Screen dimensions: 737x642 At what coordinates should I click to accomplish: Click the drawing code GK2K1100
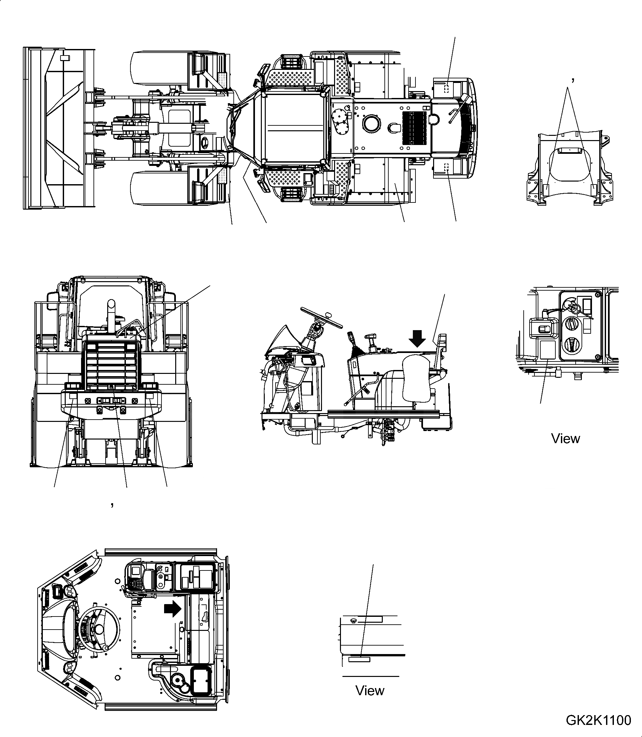pos(598,720)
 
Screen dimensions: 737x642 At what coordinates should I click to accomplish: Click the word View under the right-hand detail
pos(565,439)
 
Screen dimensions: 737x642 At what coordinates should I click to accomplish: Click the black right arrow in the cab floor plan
pos(173,609)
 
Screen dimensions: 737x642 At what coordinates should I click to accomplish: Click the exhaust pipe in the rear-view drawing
pos(111,315)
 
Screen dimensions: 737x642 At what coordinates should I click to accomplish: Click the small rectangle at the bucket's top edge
pos(64,57)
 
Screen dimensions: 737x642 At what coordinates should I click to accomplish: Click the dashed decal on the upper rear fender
pos(446,88)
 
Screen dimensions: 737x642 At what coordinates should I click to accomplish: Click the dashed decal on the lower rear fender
pos(446,167)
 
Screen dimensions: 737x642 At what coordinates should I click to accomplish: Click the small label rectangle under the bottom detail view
pos(359,659)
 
